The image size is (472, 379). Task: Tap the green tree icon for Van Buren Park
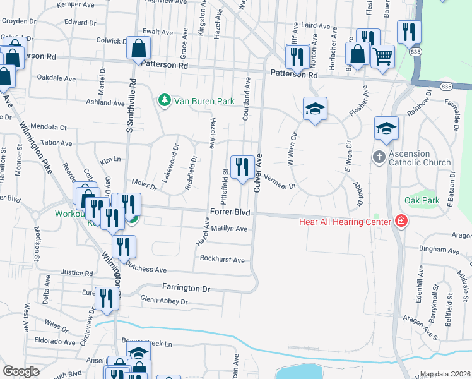165,101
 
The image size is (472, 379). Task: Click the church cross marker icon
379,157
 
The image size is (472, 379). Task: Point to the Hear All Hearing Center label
346,221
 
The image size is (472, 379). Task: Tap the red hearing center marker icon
401,220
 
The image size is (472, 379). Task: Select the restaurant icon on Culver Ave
242,168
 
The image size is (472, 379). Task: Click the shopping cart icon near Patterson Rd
382,56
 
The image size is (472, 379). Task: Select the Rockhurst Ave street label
221,260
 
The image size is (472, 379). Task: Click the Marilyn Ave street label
229,229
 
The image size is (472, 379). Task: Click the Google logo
21,371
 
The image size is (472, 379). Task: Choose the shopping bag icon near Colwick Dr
138,48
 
